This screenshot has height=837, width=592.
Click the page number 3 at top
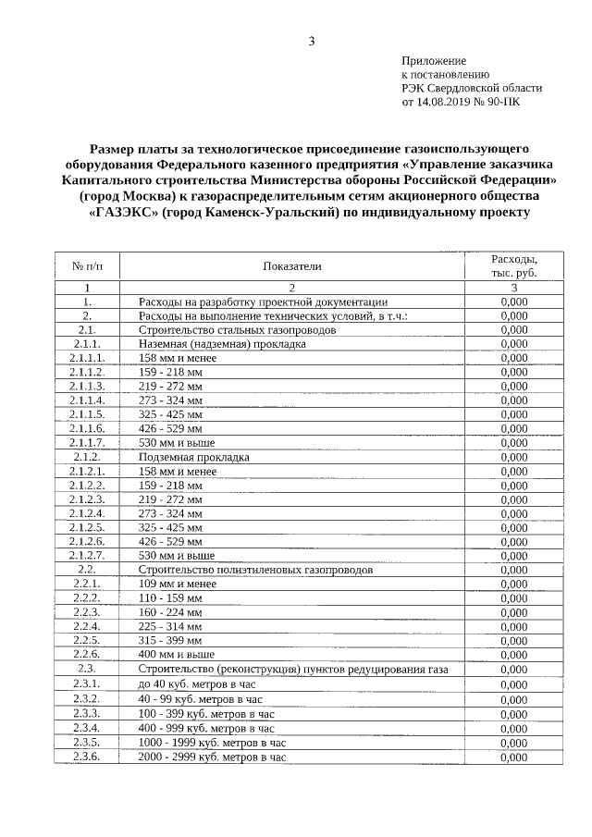[x=311, y=41]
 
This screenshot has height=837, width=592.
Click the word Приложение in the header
[x=433, y=60]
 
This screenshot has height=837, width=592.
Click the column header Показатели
[x=291, y=266]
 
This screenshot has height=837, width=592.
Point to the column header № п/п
[x=87, y=266]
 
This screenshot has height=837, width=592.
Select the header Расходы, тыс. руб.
[x=513, y=266]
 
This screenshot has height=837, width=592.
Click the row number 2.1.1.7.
[x=87, y=443]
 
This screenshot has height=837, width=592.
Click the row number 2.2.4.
[x=87, y=626]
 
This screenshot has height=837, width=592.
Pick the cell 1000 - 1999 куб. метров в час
[x=213, y=742]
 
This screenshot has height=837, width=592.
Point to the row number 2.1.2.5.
[x=87, y=527]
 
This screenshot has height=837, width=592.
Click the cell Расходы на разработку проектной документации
[x=256, y=302]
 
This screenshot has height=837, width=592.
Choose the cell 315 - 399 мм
[x=170, y=640]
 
